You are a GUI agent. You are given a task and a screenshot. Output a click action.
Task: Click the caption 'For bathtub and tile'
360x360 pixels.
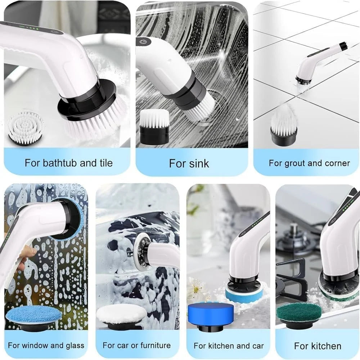(68, 163)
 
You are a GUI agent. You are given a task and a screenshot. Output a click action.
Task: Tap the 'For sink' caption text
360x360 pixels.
(189, 163)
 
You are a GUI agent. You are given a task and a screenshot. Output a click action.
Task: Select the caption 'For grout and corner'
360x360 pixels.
(309, 163)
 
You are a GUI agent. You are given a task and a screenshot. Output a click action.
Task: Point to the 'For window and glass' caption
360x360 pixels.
(46, 345)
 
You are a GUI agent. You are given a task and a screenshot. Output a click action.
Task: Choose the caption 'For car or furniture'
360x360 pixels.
(136, 345)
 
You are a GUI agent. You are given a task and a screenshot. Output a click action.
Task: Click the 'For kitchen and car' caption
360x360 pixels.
(229, 346)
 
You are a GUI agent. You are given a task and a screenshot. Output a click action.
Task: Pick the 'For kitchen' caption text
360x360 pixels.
(318, 346)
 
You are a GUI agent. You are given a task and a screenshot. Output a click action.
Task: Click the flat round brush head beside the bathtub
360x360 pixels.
(26, 127)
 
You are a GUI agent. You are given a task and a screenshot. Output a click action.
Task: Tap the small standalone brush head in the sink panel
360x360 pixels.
(154, 126)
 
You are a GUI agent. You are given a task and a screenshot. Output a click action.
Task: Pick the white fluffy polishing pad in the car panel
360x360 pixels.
(121, 315)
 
